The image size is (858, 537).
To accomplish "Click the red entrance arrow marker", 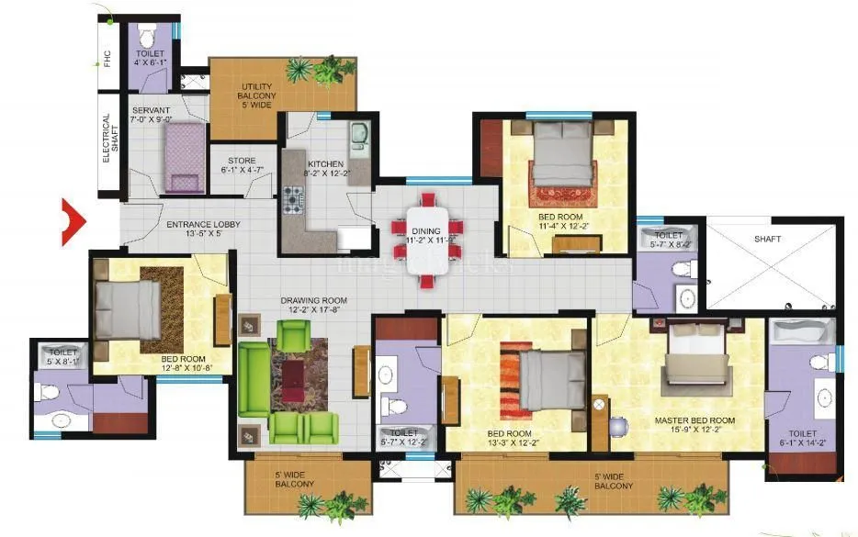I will pos(72,221).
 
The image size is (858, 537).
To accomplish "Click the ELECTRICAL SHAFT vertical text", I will pos(107,139).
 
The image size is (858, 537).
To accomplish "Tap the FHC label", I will pos(107,60).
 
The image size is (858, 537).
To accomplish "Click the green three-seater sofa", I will pos(253,378).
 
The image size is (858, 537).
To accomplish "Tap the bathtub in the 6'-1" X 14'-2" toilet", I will pos(800,332).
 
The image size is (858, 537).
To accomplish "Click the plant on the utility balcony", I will pos(301,70).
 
